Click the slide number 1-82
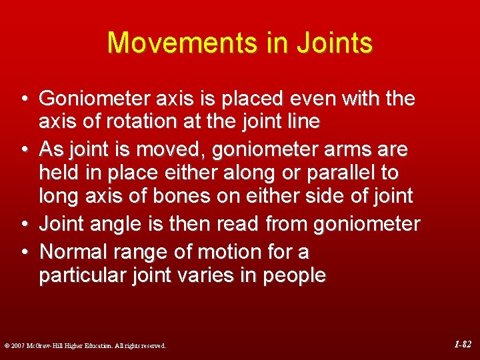(462, 345)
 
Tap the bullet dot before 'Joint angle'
(23, 225)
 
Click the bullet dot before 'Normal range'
(23, 252)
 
